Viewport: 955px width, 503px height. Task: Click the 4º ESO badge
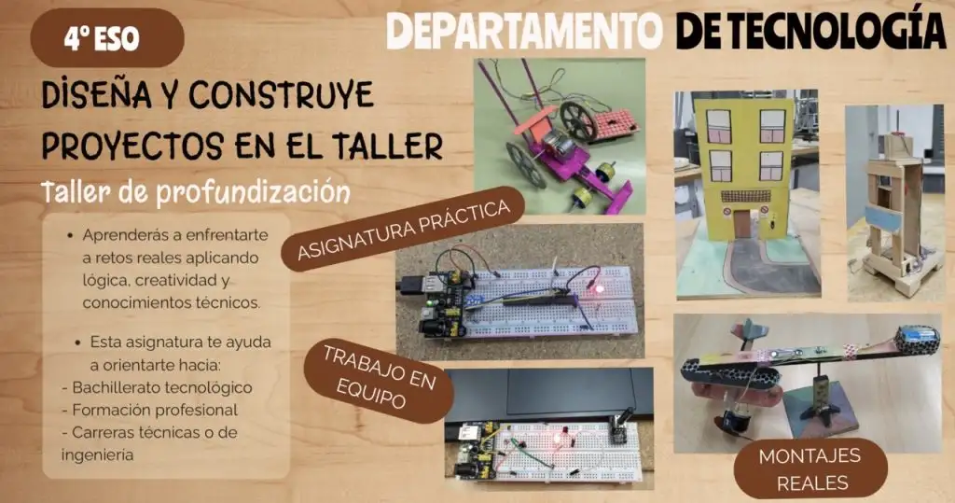107,38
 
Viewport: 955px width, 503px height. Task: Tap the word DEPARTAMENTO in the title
524,31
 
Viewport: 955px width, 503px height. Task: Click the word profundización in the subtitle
253,193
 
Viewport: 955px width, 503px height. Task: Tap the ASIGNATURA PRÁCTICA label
403,229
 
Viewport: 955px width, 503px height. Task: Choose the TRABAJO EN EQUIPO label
379,382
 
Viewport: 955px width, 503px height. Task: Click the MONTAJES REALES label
810,468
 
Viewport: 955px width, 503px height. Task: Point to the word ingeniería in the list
97,454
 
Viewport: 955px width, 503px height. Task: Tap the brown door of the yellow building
741,224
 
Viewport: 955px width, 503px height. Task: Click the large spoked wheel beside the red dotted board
578,120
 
